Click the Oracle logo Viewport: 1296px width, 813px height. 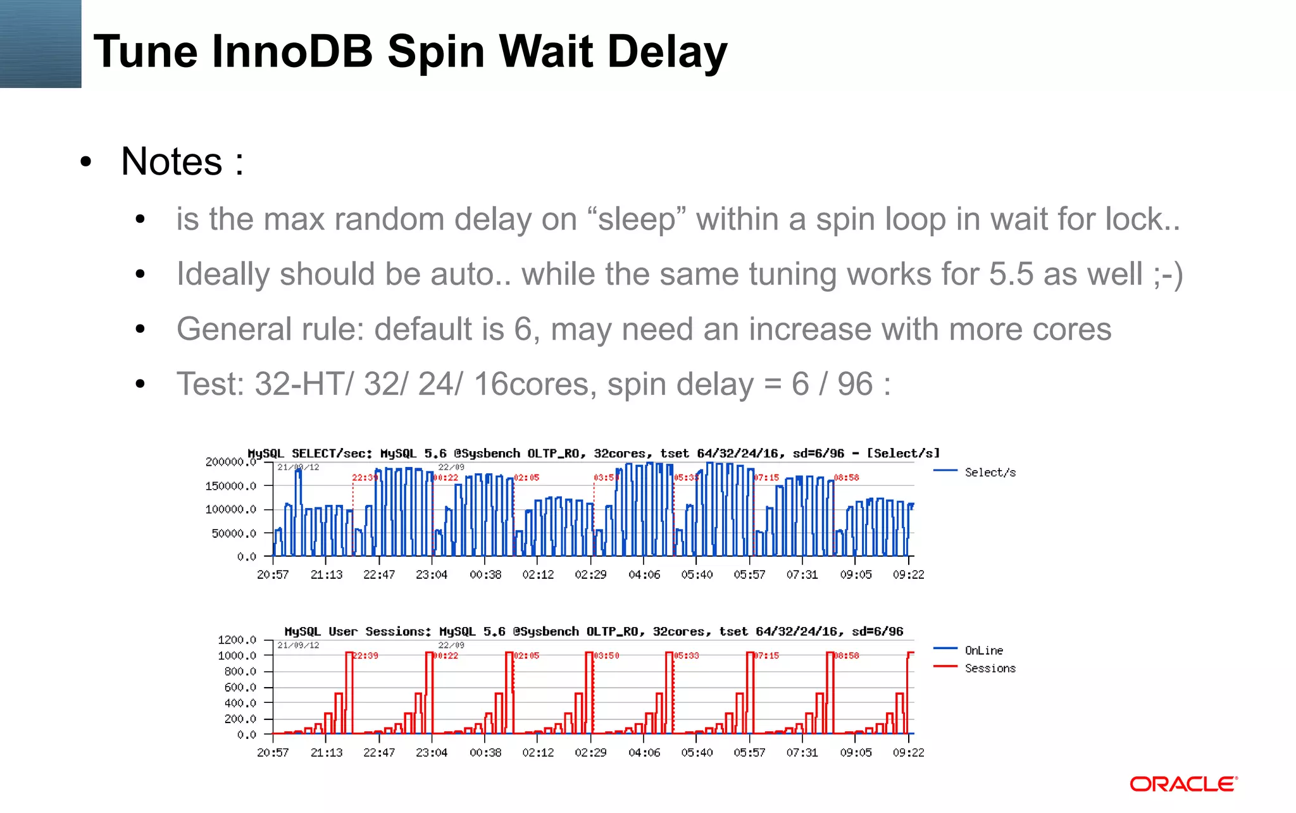(x=1183, y=784)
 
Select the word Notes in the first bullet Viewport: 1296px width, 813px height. (x=171, y=161)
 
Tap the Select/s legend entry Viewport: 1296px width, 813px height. (x=990, y=472)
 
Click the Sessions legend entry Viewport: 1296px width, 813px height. (x=990, y=668)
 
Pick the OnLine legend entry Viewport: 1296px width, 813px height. (x=983, y=650)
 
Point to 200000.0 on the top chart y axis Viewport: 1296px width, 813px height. (x=230, y=462)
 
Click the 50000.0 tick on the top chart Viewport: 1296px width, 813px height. (x=234, y=533)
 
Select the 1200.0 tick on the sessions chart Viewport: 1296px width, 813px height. (x=237, y=640)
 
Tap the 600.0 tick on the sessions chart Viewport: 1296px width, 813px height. (x=240, y=687)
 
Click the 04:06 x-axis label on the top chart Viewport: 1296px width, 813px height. (x=644, y=574)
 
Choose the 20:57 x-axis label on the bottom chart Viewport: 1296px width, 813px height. (x=273, y=752)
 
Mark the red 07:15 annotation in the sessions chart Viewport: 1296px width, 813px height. (x=766, y=655)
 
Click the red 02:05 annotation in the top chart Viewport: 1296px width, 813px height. (x=526, y=478)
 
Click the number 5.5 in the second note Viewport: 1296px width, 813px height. (x=1011, y=275)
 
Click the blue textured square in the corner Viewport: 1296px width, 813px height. (x=40, y=44)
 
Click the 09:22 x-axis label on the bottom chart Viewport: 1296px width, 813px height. (x=908, y=752)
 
